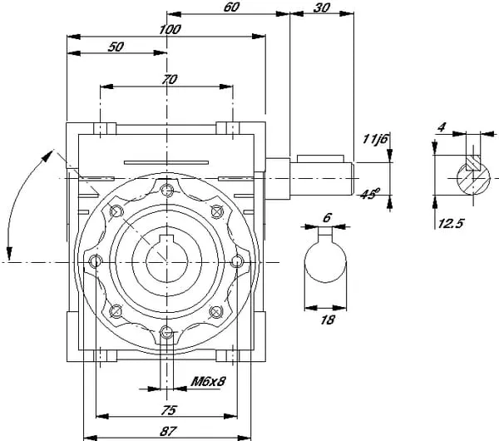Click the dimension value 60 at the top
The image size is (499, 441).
click(232, 7)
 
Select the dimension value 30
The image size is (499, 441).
click(322, 7)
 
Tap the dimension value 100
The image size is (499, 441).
click(170, 28)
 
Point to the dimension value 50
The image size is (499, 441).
click(116, 47)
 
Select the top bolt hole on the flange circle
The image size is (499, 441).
click(168, 192)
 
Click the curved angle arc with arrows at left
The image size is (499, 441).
click(21, 200)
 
